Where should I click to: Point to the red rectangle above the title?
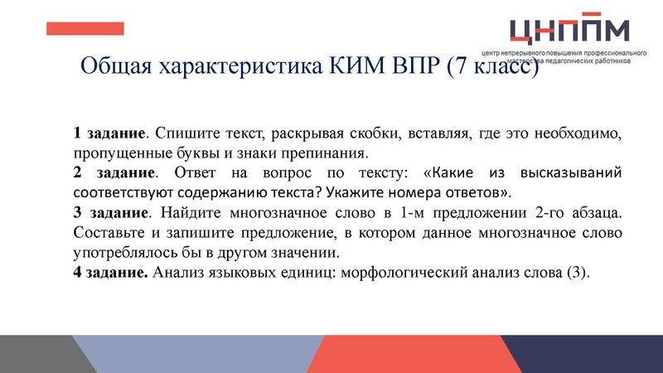(85, 29)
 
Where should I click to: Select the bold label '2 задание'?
(113, 174)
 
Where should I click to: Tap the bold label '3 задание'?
(109, 214)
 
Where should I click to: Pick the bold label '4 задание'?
(110, 274)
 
